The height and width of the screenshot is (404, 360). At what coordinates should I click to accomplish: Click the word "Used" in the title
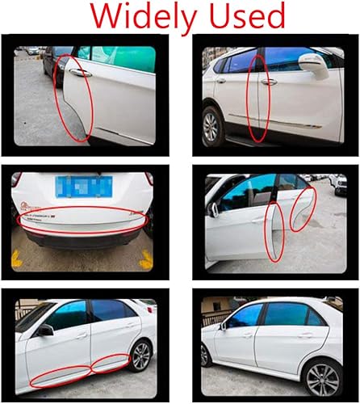tap(246, 16)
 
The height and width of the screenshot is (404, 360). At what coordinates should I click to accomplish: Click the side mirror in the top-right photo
tap(311, 63)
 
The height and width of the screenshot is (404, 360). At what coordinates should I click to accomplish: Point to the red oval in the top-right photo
tap(257, 99)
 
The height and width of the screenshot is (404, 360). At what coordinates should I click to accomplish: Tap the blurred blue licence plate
tap(86, 187)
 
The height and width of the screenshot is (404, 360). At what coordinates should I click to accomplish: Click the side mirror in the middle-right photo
tap(214, 209)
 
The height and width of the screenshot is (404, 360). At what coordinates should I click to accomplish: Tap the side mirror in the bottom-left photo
tap(46, 330)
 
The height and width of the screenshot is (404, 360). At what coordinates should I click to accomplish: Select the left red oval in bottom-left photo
tap(57, 375)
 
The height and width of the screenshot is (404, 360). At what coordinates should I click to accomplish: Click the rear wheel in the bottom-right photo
tap(324, 375)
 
